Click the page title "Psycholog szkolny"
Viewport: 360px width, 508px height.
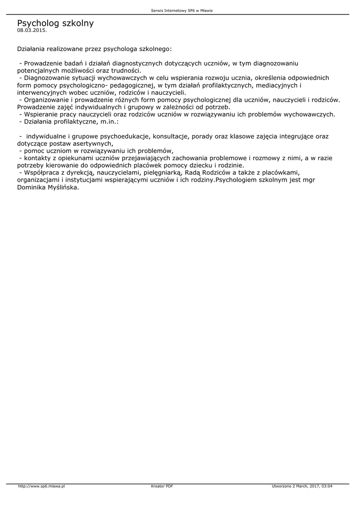[55, 23]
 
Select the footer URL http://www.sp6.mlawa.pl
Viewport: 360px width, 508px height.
[41, 486]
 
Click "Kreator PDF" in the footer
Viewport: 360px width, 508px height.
[162, 486]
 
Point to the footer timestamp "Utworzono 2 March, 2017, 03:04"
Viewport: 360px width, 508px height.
[302, 486]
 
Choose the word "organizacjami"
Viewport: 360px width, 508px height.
[41, 179]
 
